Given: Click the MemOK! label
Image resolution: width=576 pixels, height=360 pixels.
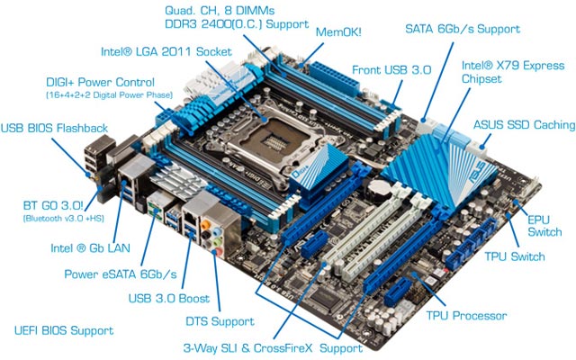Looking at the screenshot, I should (337, 31).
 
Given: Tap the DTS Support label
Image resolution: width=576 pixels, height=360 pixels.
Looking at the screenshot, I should (224, 321).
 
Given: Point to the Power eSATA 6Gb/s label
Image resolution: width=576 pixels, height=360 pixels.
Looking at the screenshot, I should (120, 273).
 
